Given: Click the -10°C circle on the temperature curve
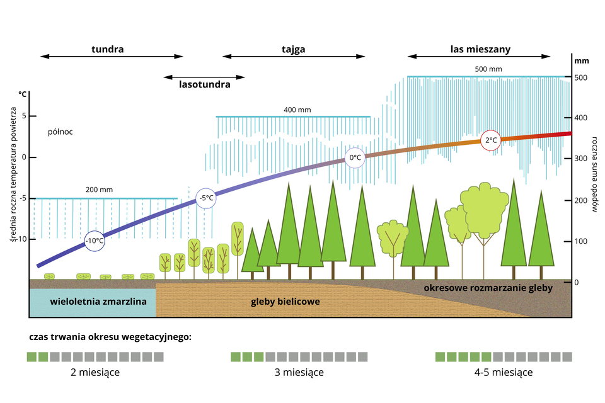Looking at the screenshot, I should click(95, 241).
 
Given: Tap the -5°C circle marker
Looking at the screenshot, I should click(206, 198).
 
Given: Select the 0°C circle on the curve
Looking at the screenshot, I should click(355, 157).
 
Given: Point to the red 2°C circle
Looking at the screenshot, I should click(490, 141).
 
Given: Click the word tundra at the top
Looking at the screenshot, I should click(107, 48).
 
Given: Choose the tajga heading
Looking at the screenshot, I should click(293, 48).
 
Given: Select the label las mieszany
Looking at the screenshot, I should click(480, 48).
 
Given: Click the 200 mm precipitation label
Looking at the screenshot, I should click(100, 190).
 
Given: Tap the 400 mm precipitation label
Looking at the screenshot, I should click(297, 110).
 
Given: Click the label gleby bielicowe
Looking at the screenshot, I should click(285, 302).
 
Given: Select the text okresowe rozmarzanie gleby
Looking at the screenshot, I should click(488, 288).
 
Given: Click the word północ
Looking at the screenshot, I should click(60, 132).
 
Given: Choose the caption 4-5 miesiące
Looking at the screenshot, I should click(503, 372).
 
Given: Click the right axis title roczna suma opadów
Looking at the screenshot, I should click(594, 174).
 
